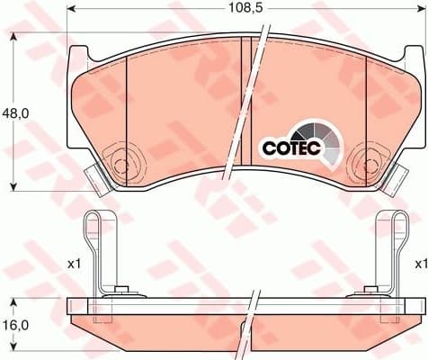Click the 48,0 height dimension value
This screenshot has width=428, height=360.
tap(13, 114)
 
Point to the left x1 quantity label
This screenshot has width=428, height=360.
tap(74, 264)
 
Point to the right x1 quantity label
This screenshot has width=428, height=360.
tap(420, 264)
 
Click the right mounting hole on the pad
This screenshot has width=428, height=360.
tap(369, 164)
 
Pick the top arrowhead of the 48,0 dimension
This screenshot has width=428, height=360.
tap(13, 37)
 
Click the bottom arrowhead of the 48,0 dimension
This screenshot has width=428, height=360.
tap(13, 186)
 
